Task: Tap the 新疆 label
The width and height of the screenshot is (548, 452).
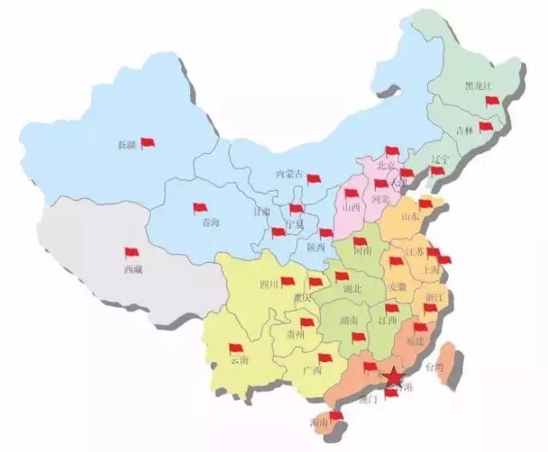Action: tap(126, 146)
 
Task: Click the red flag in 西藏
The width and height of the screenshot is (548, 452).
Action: tap(131, 253)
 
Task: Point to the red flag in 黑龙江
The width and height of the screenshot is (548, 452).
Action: tap(493, 101)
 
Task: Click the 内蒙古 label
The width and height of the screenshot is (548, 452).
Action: tap(288, 173)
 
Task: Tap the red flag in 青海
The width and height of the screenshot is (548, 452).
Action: tap(200, 208)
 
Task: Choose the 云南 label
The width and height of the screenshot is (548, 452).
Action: tap(238, 361)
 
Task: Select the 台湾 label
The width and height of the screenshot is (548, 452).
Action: tap(435, 366)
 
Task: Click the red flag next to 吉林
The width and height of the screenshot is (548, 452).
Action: tap(486, 126)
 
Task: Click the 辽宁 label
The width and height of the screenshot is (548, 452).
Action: tap(439, 158)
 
